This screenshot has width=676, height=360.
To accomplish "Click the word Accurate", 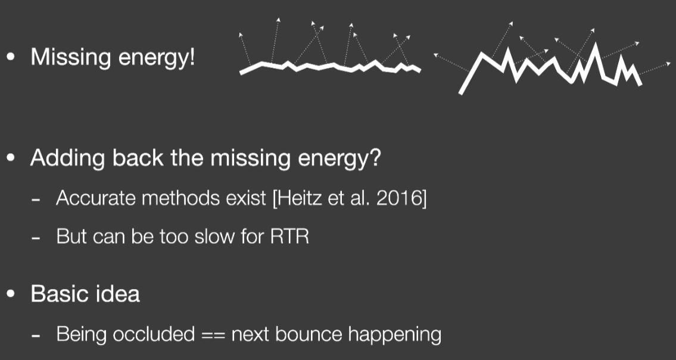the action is [x=96, y=198].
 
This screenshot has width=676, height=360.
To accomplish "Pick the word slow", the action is [x=208, y=236].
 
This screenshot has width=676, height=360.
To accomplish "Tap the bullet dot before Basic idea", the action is [x=11, y=294].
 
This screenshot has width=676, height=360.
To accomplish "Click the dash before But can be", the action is [x=36, y=238].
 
